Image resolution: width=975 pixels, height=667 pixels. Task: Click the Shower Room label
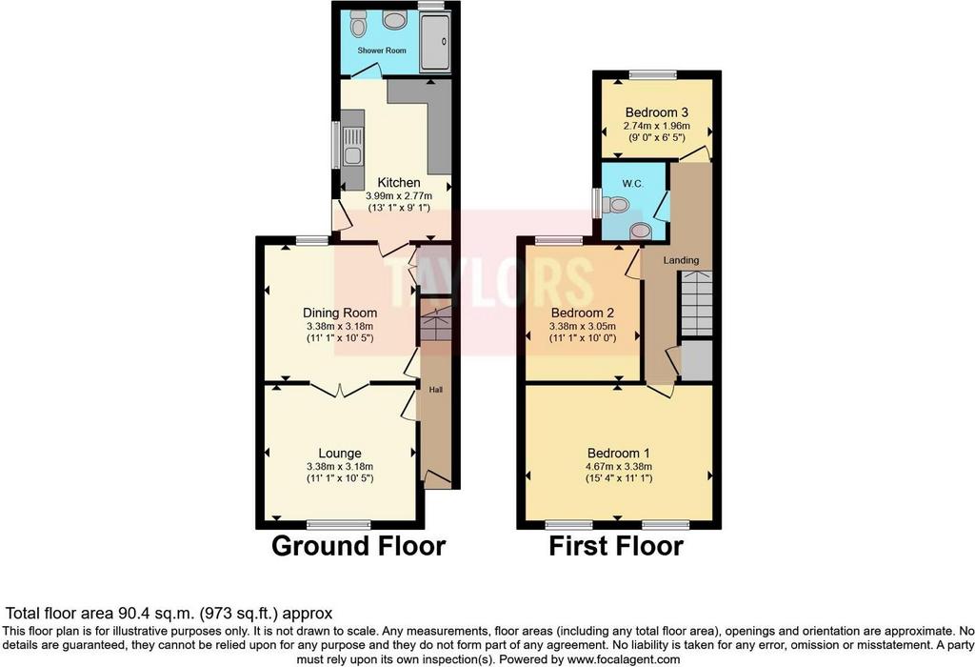click(x=382, y=51)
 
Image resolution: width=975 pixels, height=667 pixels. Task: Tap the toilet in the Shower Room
click(x=358, y=23)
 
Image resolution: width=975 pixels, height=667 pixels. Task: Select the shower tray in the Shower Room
click(x=435, y=41)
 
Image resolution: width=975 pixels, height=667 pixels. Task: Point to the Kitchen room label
click(x=399, y=182)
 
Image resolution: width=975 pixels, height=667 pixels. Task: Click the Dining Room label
click(x=340, y=313)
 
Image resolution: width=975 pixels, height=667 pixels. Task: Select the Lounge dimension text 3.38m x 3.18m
click(x=340, y=467)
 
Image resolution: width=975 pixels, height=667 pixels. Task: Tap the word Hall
click(x=436, y=390)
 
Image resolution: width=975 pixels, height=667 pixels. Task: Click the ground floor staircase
click(x=436, y=321)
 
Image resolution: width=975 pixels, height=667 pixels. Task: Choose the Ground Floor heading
click(x=359, y=546)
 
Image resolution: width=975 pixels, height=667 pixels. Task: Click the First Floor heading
click(x=616, y=546)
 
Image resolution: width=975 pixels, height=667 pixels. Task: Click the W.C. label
click(x=632, y=184)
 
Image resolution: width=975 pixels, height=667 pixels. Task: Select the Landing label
click(x=681, y=260)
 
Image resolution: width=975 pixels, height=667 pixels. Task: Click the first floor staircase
click(x=697, y=304)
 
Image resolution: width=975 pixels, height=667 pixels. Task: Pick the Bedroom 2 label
click(x=583, y=313)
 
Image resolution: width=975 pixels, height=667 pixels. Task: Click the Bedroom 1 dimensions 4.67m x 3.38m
click(x=619, y=467)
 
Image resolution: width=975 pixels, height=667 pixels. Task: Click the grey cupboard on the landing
click(x=697, y=359)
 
